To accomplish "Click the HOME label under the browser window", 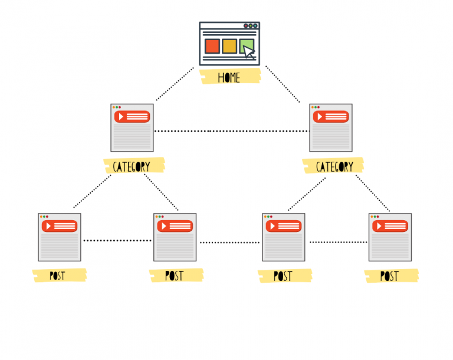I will point(229,77).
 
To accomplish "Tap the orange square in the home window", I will point(212,46).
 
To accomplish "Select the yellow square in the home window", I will point(229,46).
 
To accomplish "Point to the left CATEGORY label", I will point(132,166).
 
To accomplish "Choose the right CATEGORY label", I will point(334,166).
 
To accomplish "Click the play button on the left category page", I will point(121,117).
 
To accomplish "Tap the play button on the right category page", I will point(320,117).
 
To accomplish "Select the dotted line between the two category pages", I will point(231,131).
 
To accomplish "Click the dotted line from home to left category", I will point(175,84).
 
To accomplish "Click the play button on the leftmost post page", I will point(48,226).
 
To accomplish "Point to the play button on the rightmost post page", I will point(379,226).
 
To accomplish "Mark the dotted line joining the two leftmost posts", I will point(117,240).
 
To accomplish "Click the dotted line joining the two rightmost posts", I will point(338,242).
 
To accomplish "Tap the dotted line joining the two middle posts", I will point(230,243).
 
